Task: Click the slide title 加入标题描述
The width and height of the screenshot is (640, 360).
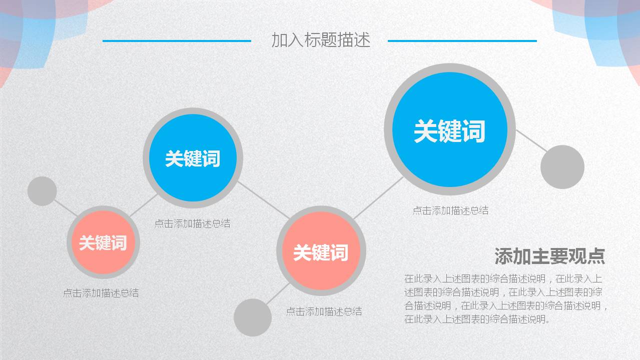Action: (x=321, y=40)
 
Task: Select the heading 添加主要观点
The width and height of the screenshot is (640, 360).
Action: (x=549, y=256)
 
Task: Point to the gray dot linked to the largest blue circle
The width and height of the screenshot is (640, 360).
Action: (x=562, y=167)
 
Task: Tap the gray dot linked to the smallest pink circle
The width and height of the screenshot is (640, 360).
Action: (x=42, y=191)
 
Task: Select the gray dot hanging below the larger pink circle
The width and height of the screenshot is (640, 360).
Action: (x=253, y=317)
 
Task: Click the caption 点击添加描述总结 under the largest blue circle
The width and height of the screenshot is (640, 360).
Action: (x=450, y=210)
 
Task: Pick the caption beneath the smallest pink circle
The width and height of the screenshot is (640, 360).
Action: (x=101, y=293)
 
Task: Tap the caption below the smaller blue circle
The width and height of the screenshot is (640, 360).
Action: (x=192, y=223)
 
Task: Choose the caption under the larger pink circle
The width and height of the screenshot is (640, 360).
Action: (x=324, y=311)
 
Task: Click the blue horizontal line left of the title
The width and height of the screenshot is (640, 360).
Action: (x=177, y=41)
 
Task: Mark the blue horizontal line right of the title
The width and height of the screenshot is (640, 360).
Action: (x=462, y=41)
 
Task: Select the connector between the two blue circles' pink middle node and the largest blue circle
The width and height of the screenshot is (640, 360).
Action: (x=378, y=198)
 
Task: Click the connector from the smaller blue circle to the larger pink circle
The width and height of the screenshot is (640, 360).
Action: (x=263, y=200)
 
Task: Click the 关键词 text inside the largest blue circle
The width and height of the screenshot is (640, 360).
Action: (x=449, y=131)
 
